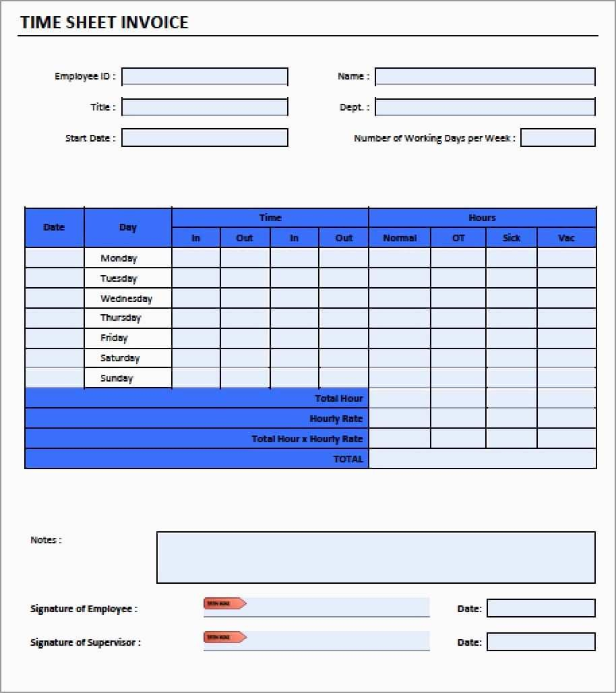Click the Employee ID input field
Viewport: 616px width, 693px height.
pos(204,77)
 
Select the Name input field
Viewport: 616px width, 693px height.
pos(485,77)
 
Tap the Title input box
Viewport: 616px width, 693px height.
pos(204,107)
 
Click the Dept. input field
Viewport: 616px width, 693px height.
pos(485,107)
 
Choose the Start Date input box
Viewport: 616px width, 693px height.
pos(204,138)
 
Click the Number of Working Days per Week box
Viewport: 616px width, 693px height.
pos(557,138)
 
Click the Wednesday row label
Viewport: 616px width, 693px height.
pos(127,299)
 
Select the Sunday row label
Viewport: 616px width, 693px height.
pos(117,378)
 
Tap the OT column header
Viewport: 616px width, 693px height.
pos(458,238)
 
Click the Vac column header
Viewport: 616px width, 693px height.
pos(566,238)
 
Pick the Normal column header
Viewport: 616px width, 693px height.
pos(400,238)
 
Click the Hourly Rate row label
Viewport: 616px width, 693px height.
pos(336,419)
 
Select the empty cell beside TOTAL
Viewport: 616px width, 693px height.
pos(482,459)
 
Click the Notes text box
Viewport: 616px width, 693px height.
pos(375,557)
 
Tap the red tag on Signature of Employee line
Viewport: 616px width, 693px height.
pos(224,603)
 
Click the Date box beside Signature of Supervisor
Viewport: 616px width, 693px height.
pos(541,642)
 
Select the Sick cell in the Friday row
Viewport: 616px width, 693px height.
pos(511,338)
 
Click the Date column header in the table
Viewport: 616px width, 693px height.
pos(54,228)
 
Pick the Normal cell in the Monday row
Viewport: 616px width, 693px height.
pos(399,258)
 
